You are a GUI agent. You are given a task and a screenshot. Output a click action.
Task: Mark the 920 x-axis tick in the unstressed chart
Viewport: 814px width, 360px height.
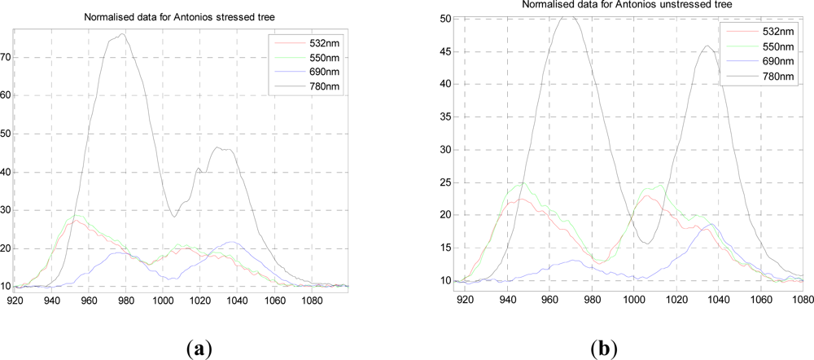click(x=464, y=296)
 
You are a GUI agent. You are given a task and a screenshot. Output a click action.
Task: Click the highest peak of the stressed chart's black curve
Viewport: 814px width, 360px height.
click(x=122, y=34)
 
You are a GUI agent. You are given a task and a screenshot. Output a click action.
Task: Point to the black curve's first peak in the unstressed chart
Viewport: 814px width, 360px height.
click(x=568, y=16)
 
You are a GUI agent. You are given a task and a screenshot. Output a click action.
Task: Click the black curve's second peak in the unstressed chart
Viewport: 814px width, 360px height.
click(x=707, y=46)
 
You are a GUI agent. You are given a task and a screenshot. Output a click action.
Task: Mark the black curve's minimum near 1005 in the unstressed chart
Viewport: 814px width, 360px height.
click(x=645, y=243)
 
